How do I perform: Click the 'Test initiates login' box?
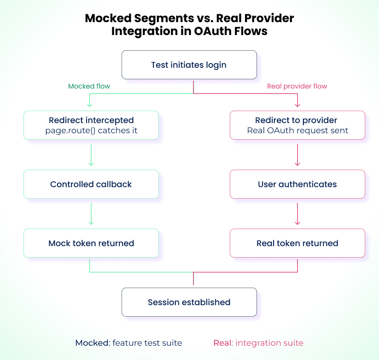click(189, 65)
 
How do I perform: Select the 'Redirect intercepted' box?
click(91, 125)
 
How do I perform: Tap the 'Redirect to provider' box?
click(297, 125)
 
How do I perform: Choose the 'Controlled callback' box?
click(91, 184)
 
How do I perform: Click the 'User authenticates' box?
click(297, 184)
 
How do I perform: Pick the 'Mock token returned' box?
click(91, 243)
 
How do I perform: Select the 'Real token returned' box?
click(297, 243)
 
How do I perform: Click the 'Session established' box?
click(189, 302)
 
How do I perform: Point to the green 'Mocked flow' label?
click(89, 86)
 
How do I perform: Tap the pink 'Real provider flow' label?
click(297, 86)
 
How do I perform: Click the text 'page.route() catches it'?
click(91, 130)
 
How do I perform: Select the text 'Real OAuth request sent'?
click(297, 130)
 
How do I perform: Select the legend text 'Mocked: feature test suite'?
click(128, 343)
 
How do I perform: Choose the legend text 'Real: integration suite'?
click(258, 343)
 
